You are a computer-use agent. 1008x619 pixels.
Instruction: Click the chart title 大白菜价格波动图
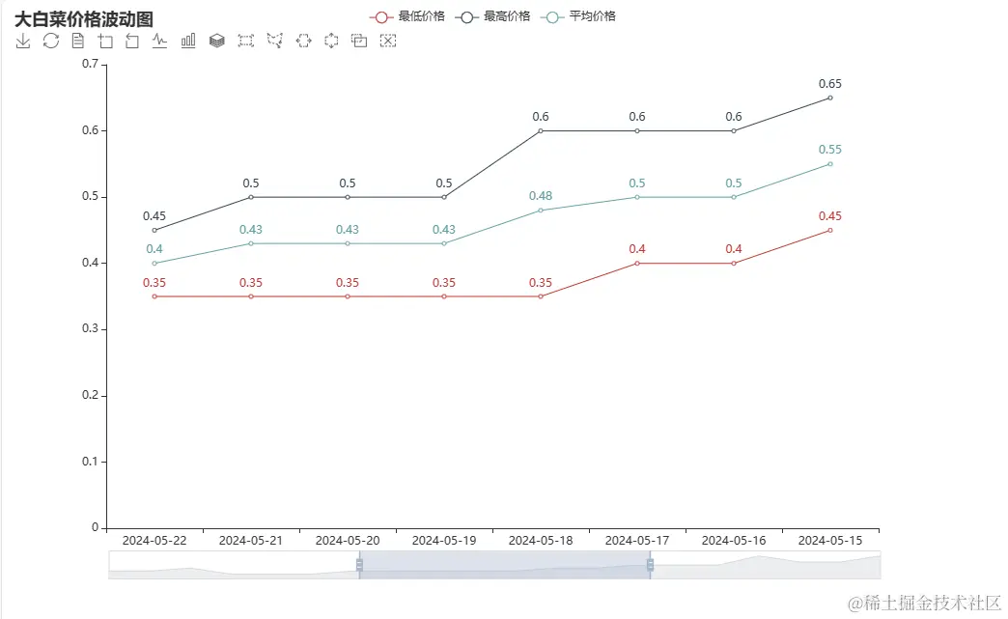pos(84,19)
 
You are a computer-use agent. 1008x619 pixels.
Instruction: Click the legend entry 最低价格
pos(407,16)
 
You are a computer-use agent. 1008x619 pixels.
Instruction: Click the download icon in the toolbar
pos(23,41)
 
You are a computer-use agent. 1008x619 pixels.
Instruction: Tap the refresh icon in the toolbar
pos(51,41)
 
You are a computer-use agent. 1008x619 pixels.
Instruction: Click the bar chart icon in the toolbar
pos(189,41)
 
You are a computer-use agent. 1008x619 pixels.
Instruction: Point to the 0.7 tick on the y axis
pos(91,64)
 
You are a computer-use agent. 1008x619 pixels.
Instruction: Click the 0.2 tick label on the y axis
pos(91,396)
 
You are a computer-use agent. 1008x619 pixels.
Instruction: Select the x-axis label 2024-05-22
pos(154,541)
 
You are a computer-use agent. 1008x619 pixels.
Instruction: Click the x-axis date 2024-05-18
pos(541,541)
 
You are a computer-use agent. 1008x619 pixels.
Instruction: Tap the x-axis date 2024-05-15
pos(830,541)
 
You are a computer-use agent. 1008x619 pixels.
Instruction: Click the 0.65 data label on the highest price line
pos(830,84)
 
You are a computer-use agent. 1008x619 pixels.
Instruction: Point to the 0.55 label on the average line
pos(830,150)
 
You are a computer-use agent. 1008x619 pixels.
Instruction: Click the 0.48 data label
pos(541,196)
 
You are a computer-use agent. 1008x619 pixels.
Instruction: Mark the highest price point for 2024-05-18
pos(541,130)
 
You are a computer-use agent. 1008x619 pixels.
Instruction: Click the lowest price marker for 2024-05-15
pos(830,230)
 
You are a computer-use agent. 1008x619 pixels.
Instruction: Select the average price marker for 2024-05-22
pos(154,263)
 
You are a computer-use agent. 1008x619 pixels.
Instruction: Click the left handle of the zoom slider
pos(359,564)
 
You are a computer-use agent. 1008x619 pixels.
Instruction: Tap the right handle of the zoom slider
pos(650,564)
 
